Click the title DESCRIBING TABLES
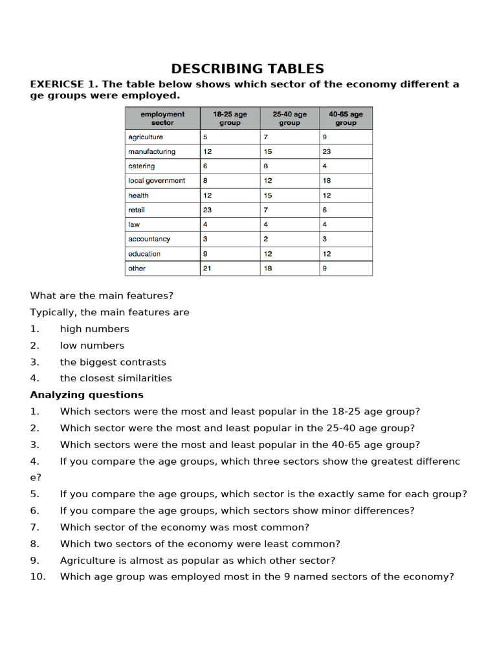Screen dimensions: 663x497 [248, 69]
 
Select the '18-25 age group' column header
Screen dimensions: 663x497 [230, 118]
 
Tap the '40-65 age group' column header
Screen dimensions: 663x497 [346, 118]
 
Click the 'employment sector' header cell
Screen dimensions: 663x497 [162, 118]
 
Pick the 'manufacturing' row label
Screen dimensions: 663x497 [151, 152]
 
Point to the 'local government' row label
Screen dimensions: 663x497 [157, 181]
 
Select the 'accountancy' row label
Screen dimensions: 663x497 [149, 239]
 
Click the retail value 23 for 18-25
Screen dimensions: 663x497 [207, 210]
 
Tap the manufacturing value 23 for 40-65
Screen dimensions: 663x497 [327, 152]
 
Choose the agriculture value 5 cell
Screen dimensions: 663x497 [205, 137]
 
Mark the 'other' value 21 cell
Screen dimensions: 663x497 [207, 268]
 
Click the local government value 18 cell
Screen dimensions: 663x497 [327, 181]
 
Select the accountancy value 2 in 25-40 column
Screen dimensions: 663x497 [265, 239]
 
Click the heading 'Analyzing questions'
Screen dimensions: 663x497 [87, 395]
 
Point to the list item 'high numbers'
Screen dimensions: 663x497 [94, 329]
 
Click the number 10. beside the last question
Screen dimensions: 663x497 [38, 577]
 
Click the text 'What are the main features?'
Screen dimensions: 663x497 [102, 296]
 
